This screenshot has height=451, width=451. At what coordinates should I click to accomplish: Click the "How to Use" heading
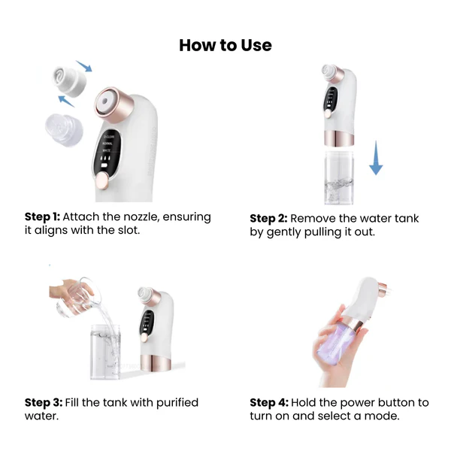click(x=225, y=45)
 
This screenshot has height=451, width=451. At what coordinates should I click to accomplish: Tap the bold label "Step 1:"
click(x=42, y=217)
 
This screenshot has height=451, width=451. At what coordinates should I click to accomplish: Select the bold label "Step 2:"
click(x=268, y=219)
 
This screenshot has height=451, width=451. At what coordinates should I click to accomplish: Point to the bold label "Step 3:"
click(x=44, y=403)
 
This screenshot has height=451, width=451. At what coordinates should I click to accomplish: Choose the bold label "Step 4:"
click(x=269, y=403)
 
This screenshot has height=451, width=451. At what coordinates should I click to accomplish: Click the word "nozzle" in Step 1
click(x=141, y=217)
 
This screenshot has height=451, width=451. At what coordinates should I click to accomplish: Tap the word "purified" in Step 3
click(x=177, y=403)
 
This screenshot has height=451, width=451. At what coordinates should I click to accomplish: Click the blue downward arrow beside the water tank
click(x=376, y=158)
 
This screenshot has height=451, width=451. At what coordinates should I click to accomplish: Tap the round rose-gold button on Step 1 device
click(x=102, y=180)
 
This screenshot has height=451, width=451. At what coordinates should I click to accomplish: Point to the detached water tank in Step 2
click(x=339, y=177)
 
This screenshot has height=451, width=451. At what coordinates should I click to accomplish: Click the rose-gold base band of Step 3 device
click(x=156, y=362)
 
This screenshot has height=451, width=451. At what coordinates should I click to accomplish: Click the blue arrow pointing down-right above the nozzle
click(x=84, y=66)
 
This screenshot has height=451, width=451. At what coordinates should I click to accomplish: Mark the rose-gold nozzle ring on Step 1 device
click(x=114, y=104)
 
